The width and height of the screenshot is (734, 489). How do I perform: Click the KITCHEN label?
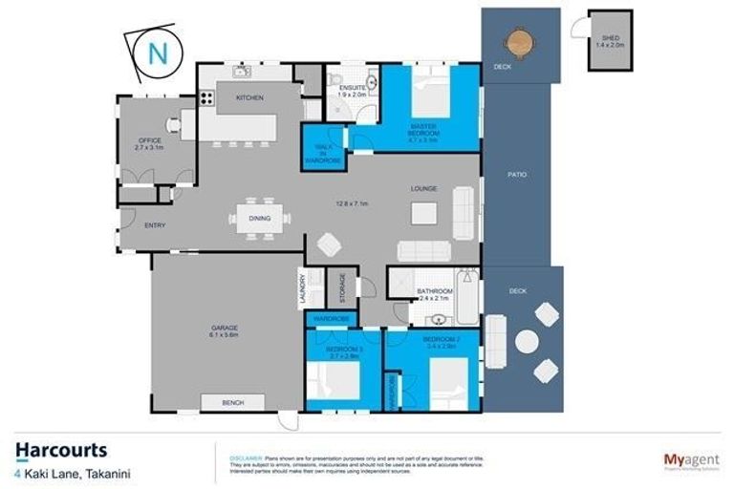pos(249,98)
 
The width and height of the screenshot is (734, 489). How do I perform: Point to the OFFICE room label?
pos(150,141)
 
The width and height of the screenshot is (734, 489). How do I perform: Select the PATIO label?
pos(516,175)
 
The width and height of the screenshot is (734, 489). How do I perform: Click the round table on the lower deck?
pos(527,340)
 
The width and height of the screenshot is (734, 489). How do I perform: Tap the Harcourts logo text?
pos(61,450)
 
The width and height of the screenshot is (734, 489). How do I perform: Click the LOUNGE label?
pos(424,189)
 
